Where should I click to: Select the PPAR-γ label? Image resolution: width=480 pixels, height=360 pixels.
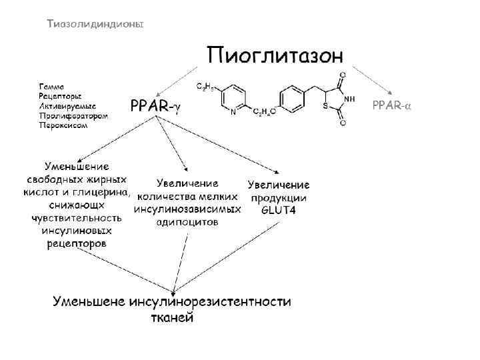pos(155,106)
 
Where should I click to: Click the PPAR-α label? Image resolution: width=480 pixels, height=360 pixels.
pos(391,106)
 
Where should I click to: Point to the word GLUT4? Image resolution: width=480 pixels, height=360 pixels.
pos(279,211)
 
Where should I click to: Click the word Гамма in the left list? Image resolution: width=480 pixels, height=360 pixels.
pos(51,87)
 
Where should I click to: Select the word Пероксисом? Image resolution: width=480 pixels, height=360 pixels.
pos(63,125)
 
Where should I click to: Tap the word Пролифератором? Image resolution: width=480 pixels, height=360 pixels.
pos(73,115)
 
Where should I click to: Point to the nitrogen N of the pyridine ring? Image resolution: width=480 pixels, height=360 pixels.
pos(232,113)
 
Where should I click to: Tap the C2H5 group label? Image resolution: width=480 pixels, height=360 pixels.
pos(204,87)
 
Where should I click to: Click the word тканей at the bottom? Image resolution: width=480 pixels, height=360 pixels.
pos(171,317)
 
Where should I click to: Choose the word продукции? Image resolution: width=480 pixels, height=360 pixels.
pos(279,198)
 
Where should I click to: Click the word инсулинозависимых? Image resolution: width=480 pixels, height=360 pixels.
pos(187,209)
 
